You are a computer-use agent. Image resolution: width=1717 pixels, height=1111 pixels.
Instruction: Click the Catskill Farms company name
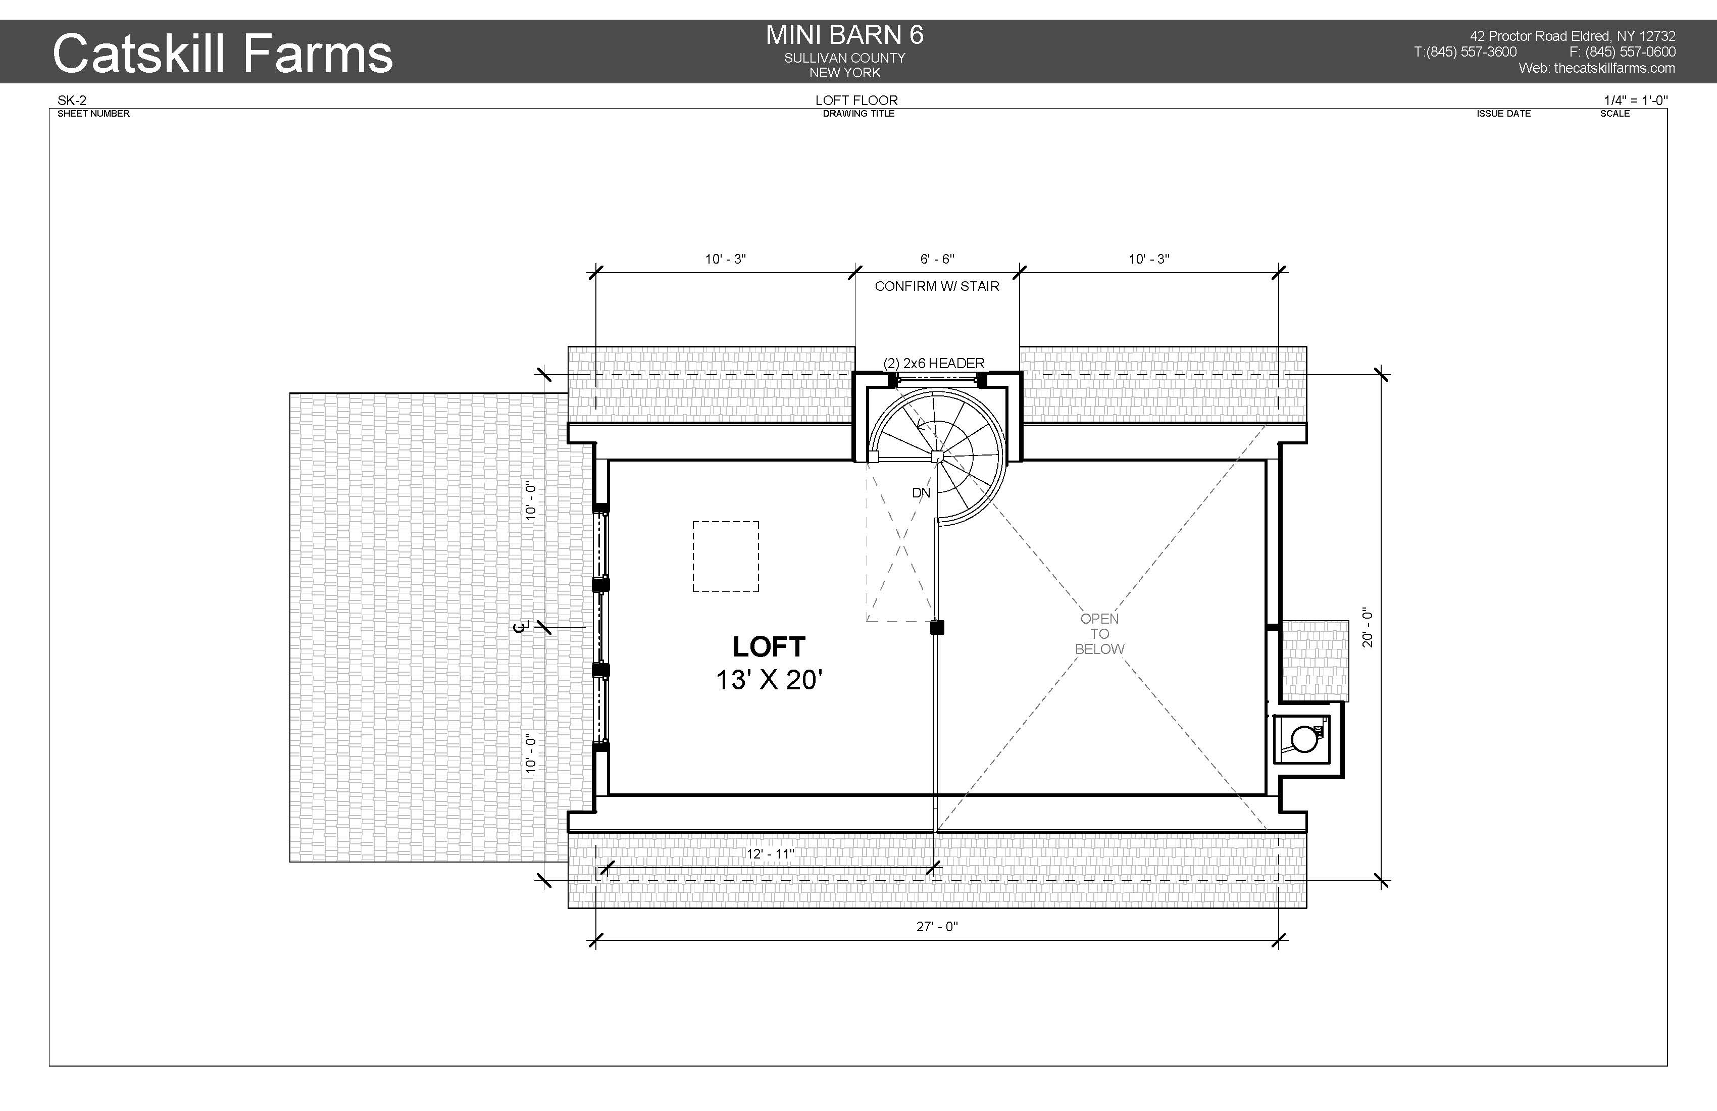pyautogui.click(x=223, y=54)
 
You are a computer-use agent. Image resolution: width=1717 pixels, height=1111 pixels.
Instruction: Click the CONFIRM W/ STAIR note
pyautogui.click(x=937, y=286)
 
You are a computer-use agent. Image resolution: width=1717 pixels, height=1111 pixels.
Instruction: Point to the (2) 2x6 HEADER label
pyautogui.click(x=934, y=363)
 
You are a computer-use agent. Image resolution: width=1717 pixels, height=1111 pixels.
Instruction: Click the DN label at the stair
pyautogui.click(x=921, y=493)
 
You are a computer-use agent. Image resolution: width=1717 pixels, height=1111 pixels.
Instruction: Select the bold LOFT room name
pyautogui.click(x=769, y=646)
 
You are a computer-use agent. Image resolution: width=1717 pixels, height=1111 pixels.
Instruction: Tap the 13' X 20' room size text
pyautogui.click(x=769, y=680)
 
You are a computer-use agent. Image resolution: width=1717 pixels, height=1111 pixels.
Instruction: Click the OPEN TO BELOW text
pyautogui.click(x=1099, y=633)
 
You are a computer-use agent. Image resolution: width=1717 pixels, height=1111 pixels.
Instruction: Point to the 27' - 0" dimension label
pyautogui.click(x=937, y=926)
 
